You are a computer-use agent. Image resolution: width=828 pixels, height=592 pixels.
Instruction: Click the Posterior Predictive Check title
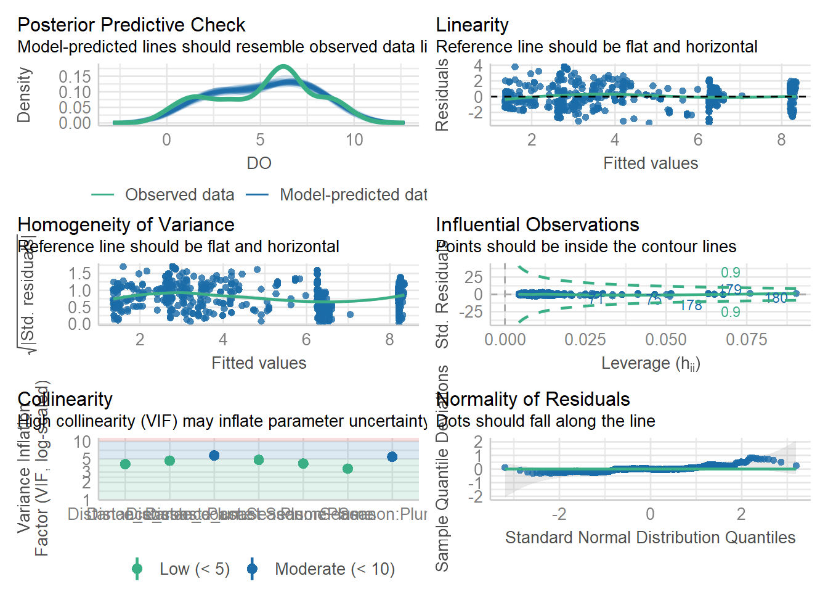point(131,25)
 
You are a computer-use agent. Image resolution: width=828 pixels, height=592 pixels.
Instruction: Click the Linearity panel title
point(472,25)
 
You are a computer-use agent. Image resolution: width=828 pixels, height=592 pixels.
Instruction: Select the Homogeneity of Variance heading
point(126,224)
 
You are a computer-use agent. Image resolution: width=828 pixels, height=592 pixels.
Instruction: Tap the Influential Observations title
point(537,224)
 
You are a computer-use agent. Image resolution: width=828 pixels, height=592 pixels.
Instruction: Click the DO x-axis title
point(259,163)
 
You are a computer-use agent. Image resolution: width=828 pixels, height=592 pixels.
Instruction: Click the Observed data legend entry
point(179,195)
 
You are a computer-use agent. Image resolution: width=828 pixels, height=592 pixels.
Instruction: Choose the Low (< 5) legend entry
point(194,569)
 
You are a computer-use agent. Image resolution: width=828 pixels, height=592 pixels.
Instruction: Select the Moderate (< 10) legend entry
point(335,569)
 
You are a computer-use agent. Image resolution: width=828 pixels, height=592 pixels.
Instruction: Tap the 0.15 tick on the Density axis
point(75,76)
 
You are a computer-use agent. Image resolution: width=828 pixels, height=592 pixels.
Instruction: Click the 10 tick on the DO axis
point(354,140)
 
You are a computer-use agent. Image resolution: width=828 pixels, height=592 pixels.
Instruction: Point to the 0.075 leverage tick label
point(746,340)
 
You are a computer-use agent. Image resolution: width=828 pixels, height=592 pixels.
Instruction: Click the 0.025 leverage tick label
point(585,340)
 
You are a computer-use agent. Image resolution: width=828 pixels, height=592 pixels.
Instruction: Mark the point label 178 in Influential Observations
point(691,305)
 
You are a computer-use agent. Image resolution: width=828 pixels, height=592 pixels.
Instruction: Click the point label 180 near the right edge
point(776,298)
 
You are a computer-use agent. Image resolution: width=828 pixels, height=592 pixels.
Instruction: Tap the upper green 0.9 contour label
point(731,273)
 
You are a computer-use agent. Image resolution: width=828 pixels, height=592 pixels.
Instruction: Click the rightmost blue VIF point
point(392,457)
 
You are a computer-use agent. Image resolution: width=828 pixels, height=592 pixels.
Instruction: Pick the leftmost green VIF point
point(125,464)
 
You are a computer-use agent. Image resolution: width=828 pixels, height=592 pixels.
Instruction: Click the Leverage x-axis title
point(651,363)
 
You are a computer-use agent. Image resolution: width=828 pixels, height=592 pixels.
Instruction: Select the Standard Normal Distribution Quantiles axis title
point(650,538)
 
